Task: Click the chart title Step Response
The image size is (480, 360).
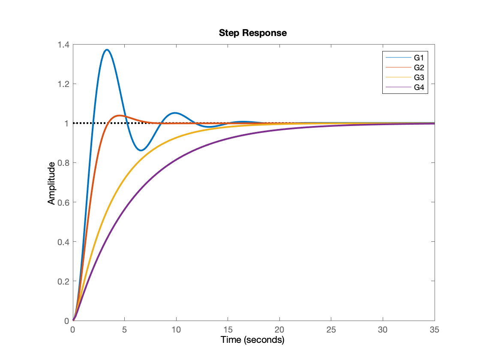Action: click(x=252, y=33)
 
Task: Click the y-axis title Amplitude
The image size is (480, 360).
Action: click(x=51, y=183)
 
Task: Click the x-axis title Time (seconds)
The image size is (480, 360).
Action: click(x=252, y=340)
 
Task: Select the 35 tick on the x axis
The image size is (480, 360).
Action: click(x=435, y=330)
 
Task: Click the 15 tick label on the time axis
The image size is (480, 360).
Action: click(x=228, y=330)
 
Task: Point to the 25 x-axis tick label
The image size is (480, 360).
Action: click(x=331, y=330)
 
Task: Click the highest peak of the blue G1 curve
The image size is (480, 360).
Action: click(x=107, y=50)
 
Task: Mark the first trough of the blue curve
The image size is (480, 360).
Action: click(x=142, y=150)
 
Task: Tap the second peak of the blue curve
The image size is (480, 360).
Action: click(x=175, y=113)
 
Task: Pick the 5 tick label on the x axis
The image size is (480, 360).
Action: click(x=124, y=330)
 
